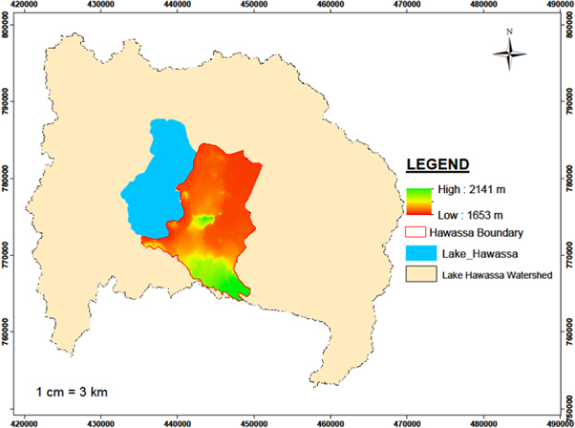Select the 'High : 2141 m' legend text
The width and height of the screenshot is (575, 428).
[x=468, y=188]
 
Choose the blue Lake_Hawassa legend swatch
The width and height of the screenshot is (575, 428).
[x=418, y=253]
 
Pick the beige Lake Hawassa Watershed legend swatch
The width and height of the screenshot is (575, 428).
[x=418, y=276]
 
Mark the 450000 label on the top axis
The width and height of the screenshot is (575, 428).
[x=253, y=6]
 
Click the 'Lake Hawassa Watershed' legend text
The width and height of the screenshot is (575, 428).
[x=495, y=276]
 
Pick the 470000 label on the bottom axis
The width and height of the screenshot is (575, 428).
[x=406, y=420]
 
